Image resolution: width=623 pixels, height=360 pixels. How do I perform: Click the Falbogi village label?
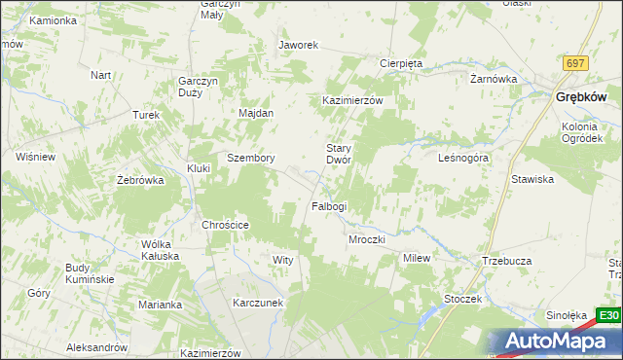(x=328, y=206)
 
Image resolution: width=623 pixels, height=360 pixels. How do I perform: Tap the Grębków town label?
(x=581, y=96)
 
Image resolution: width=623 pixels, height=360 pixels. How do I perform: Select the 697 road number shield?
(x=575, y=63)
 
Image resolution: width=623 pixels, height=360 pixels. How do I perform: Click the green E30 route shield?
(x=608, y=315)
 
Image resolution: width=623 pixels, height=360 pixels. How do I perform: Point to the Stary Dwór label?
(x=338, y=153)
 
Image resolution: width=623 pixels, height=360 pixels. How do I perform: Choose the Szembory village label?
(x=250, y=158)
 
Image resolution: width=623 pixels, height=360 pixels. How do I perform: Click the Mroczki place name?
(x=367, y=238)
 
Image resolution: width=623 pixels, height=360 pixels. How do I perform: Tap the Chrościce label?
(x=225, y=225)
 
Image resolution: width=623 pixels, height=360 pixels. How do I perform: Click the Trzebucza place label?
(x=505, y=261)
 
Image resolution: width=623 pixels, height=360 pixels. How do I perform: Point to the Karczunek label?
(x=257, y=303)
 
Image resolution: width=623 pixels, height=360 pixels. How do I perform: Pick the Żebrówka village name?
(x=137, y=180)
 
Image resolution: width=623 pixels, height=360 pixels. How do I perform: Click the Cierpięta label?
(x=400, y=63)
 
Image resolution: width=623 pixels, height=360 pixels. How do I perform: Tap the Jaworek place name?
(x=299, y=45)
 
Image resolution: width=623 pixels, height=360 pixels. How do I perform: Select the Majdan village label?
(x=256, y=113)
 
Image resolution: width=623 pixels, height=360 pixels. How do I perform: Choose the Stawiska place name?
(x=532, y=179)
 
